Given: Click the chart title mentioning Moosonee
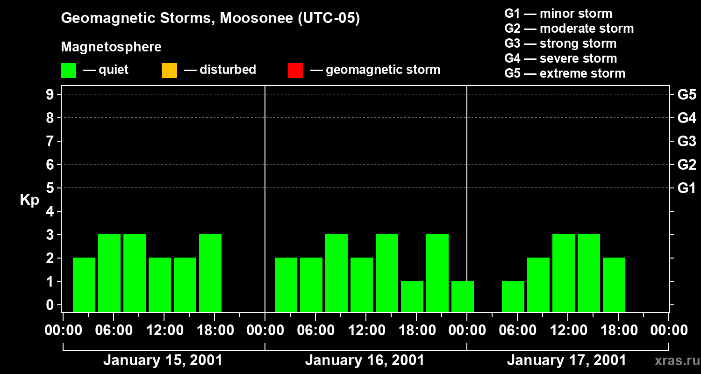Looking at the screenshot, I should (x=210, y=19).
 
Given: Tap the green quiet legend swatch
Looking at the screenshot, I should (x=68, y=71).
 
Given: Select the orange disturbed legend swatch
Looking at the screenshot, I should (x=169, y=71).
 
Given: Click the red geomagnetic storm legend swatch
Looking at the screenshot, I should (x=295, y=71).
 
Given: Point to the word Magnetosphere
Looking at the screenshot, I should (x=111, y=47).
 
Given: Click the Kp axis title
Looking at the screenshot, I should (x=29, y=200).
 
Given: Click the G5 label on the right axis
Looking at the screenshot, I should (x=687, y=94).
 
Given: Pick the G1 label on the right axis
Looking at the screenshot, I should (x=687, y=188).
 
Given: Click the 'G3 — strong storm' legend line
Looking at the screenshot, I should (x=560, y=43).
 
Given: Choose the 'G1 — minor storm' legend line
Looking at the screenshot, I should (x=558, y=14).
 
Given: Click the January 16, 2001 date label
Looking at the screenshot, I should (x=365, y=360).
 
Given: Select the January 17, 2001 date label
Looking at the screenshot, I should (x=566, y=360).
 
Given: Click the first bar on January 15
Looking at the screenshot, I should (x=84, y=285).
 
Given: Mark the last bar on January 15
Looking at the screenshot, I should (x=210, y=273).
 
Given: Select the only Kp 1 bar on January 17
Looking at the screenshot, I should (x=513, y=296).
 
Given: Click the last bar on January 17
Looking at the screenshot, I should (x=614, y=285).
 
